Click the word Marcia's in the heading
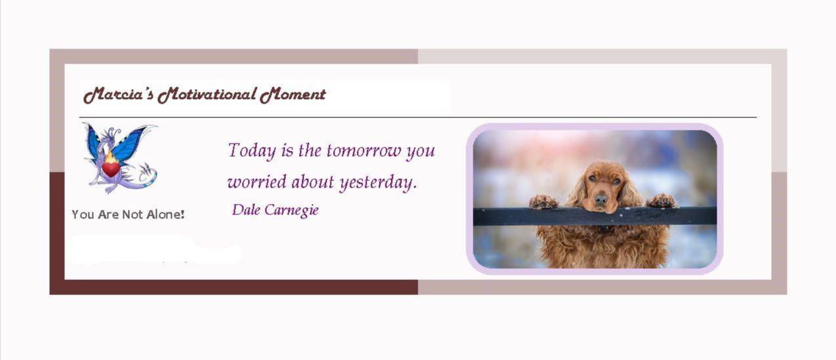point(118,95)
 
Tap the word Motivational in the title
point(207,95)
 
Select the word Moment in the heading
point(293,95)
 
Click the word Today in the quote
point(252,151)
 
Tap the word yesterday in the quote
point(378,183)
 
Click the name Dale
point(246,210)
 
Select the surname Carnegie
point(292,210)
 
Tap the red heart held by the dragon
point(111,169)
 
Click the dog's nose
point(601,199)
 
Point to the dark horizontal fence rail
point(595,216)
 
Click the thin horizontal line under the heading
point(418,117)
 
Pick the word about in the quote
point(313,182)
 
